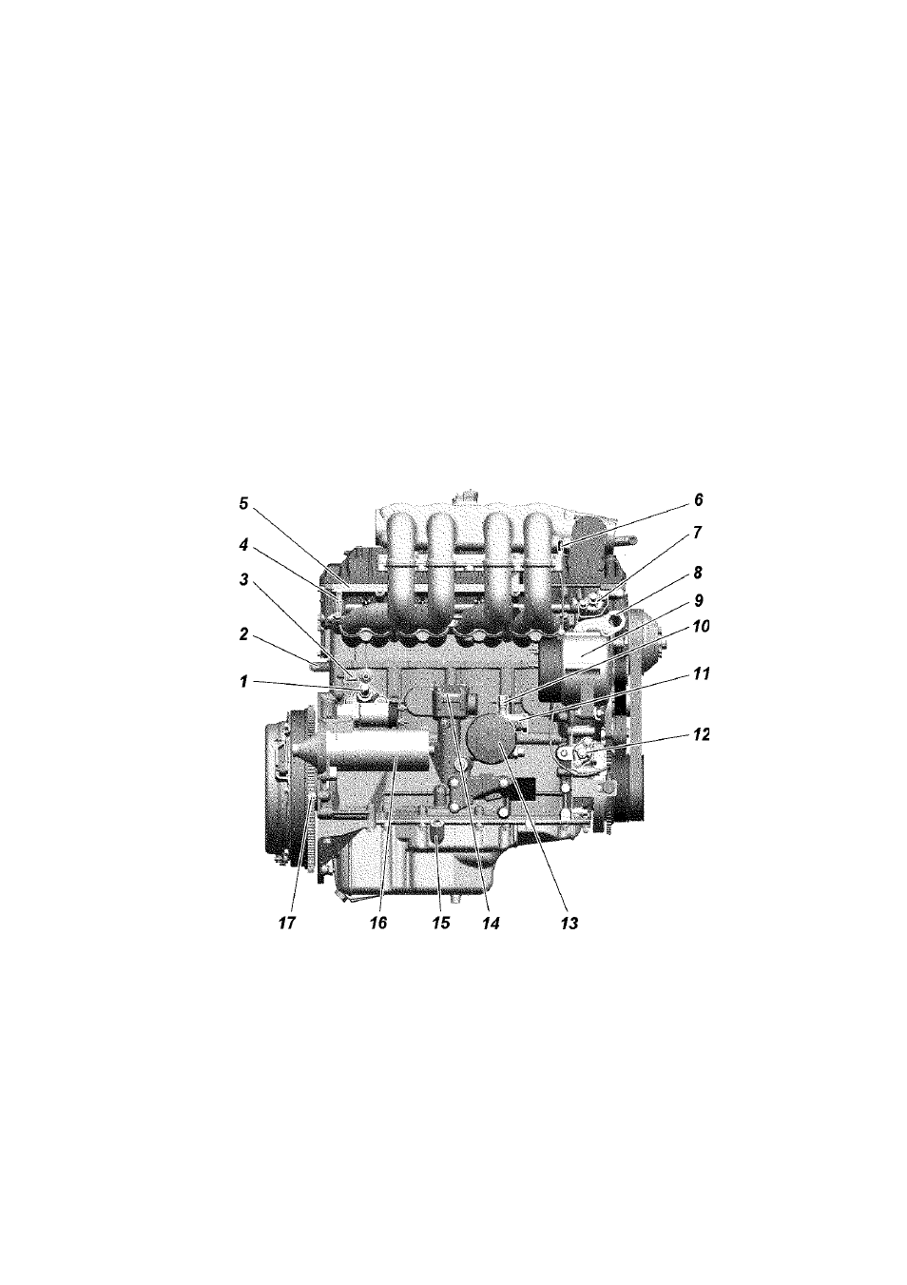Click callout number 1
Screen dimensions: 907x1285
point(243,682)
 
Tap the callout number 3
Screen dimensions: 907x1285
point(243,580)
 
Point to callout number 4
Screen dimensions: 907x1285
point(243,546)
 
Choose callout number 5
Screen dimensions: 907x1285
point(243,504)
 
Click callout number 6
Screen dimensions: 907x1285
point(698,499)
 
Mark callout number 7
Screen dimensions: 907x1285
point(698,533)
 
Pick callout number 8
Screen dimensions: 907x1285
point(698,573)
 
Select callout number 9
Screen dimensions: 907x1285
point(698,600)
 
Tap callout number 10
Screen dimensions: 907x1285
point(700,627)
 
